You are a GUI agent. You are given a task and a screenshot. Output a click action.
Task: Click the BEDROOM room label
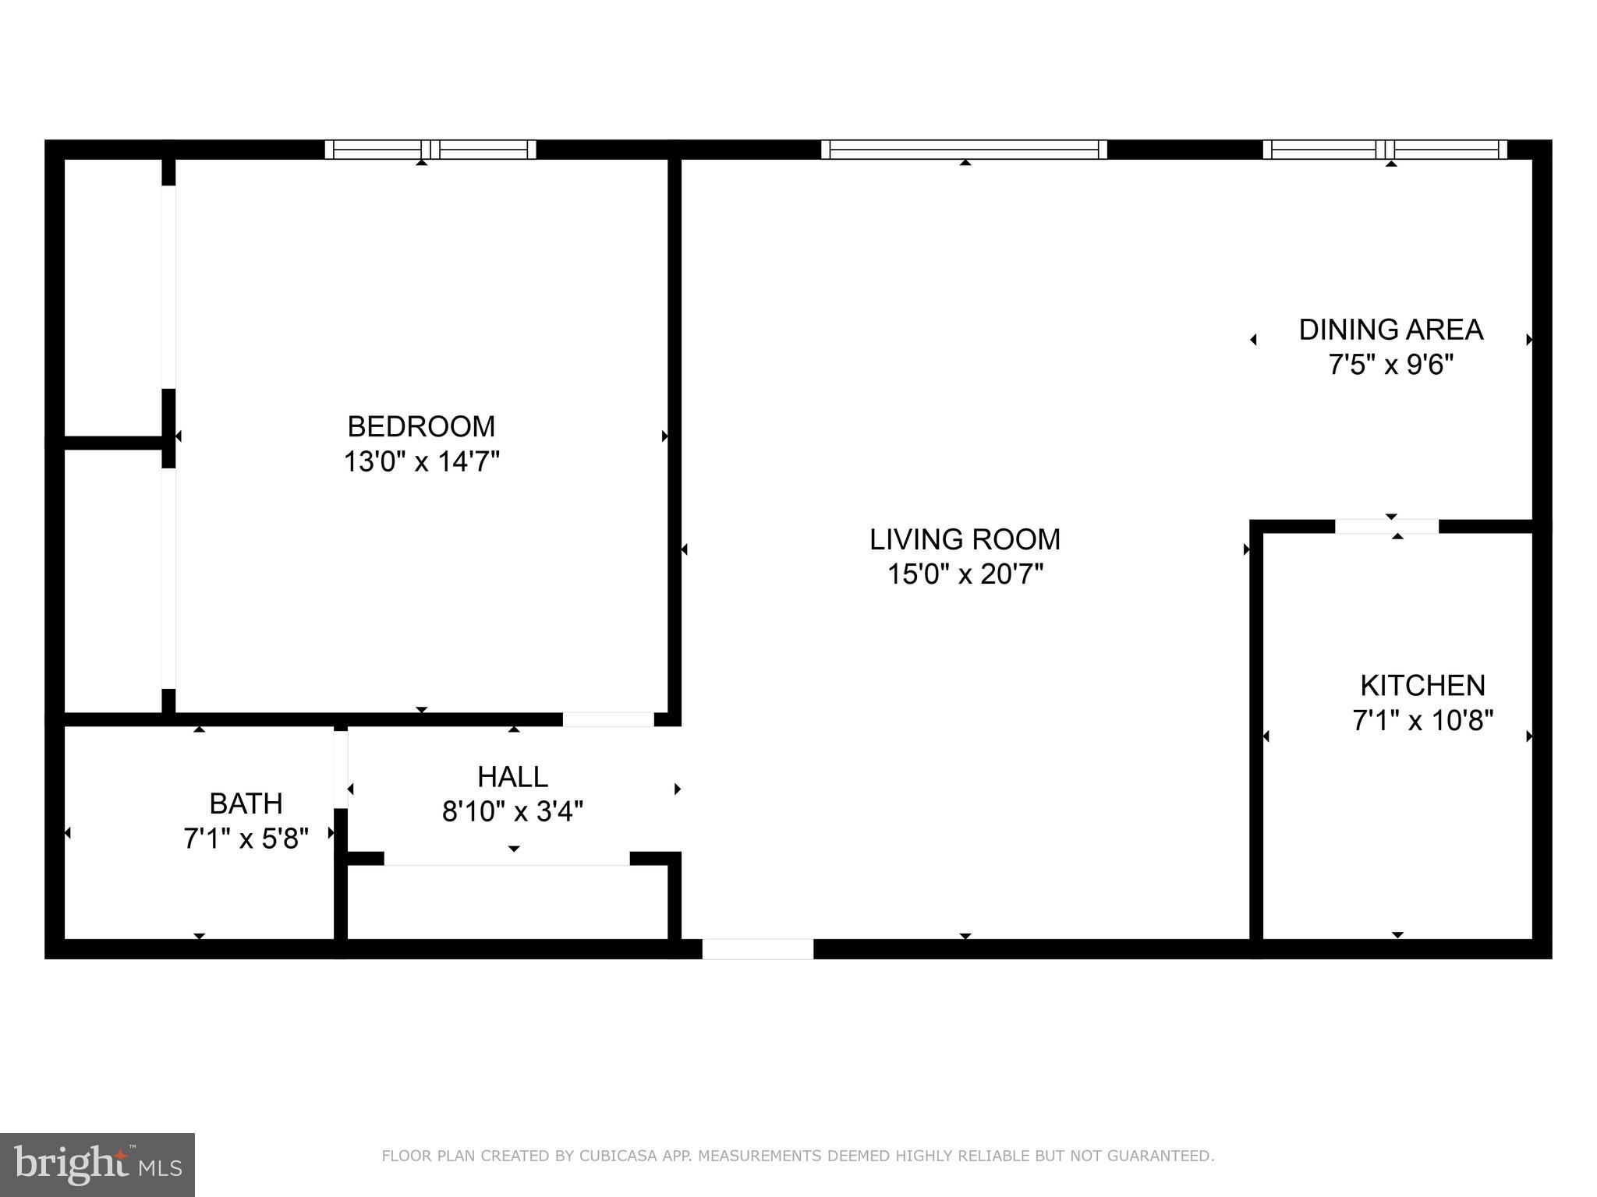[421, 426]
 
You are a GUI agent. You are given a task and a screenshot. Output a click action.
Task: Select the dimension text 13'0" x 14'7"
[421, 462]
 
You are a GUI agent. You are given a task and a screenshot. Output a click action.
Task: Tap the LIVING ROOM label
[965, 539]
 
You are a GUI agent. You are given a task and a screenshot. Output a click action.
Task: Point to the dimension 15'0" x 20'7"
[965, 575]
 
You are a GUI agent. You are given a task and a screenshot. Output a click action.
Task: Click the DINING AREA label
[1390, 330]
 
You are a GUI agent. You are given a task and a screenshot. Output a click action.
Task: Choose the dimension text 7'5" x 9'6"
[1390, 365]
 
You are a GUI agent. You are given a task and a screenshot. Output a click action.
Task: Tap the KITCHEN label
[1422, 686]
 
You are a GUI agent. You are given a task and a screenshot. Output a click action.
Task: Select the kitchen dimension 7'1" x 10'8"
[1422, 721]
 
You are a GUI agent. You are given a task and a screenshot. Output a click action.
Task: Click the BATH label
[246, 803]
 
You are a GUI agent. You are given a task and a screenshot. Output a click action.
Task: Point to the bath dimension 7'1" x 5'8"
[246, 839]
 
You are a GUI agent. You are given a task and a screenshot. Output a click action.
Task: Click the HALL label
[512, 777]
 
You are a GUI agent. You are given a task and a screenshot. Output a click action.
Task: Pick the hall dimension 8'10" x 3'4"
[512, 812]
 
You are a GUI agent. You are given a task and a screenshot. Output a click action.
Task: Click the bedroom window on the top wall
[430, 150]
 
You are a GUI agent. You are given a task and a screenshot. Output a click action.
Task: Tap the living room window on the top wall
[964, 150]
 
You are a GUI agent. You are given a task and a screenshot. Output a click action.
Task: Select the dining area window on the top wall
[1385, 150]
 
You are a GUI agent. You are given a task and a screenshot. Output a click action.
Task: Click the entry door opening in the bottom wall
[757, 948]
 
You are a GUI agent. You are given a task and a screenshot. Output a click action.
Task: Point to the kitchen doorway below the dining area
[1386, 527]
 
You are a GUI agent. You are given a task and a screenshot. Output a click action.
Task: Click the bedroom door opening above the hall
[608, 719]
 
